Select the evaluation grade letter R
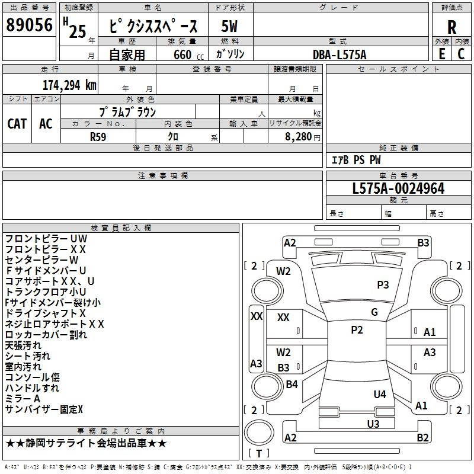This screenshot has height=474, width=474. point(451,27)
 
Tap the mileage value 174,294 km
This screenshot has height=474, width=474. point(69,85)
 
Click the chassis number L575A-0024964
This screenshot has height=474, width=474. point(398,188)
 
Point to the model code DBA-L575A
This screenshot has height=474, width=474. point(340,54)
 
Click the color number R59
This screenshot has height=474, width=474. point(98,136)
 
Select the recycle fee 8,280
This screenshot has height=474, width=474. point(294,136)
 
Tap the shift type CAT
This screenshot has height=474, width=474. point(17,123)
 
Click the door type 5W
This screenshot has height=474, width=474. point(229,26)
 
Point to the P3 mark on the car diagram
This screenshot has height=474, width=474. point(383,285)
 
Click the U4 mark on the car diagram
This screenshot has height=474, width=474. point(380,394)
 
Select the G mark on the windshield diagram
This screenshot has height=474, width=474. point(374,312)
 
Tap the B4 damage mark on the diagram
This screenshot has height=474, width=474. point(292,385)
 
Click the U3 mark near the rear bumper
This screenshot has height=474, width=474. point(373,424)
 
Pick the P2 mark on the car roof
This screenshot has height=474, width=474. point(357,330)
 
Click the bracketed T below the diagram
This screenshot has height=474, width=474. point(259,453)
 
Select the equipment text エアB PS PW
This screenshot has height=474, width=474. point(355,160)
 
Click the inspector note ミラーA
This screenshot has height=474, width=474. point(23,399)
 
